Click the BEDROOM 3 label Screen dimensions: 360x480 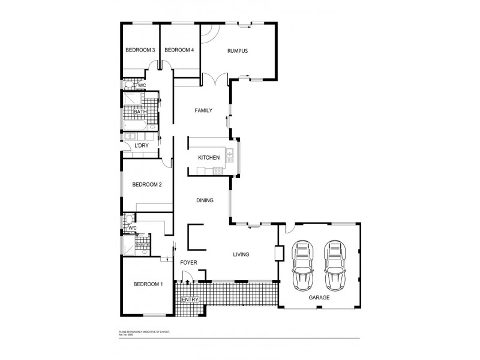[x=140, y=50]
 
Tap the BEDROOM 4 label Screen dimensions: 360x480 [x=179, y=50]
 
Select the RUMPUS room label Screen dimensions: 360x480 [x=238, y=51]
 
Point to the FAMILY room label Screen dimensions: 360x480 [x=204, y=110]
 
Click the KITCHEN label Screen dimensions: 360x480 [x=209, y=158]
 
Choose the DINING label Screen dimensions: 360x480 [x=205, y=200]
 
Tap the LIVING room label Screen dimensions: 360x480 [x=241, y=255]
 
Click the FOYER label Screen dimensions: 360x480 [x=189, y=263]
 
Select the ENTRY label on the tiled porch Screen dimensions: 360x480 [x=190, y=299]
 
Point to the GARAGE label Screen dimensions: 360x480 [x=319, y=297]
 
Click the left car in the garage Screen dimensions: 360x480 [x=304, y=265]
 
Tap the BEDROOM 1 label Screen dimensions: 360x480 [x=148, y=284]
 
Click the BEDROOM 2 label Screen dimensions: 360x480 [x=147, y=185]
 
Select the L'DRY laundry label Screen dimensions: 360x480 [x=142, y=146]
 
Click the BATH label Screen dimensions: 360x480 [x=140, y=112]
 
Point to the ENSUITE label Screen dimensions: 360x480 [x=142, y=245]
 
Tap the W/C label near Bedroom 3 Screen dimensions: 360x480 [x=142, y=86]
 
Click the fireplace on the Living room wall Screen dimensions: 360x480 [x=278, y=253]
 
